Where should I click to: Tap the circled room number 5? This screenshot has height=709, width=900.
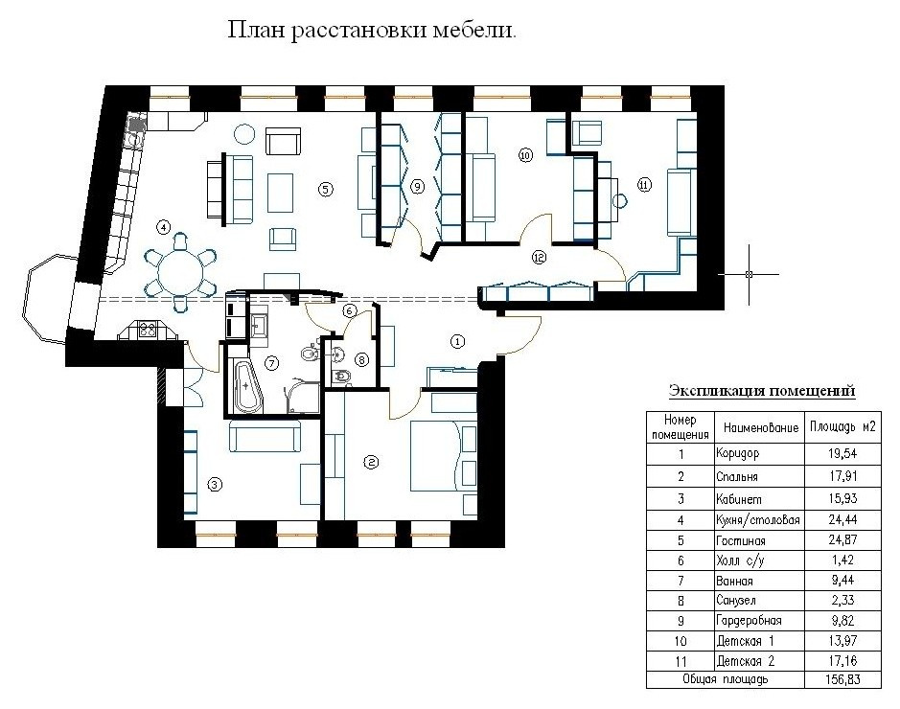coord(326,189)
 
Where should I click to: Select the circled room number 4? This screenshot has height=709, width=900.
coord(164,227)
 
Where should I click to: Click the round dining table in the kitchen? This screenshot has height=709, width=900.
coord(179,272)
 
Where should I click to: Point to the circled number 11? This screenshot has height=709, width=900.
coord(643,186)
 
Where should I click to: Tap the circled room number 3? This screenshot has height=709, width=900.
coord(215,485)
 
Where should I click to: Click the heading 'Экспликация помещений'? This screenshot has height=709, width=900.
coord(761,391)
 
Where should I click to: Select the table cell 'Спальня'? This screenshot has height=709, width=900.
coord(737,476)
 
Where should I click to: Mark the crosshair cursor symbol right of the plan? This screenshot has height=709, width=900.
coord(749,274)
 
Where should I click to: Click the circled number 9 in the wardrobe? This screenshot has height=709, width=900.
coord(417,188)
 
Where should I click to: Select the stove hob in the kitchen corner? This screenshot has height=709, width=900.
coord(150,329)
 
